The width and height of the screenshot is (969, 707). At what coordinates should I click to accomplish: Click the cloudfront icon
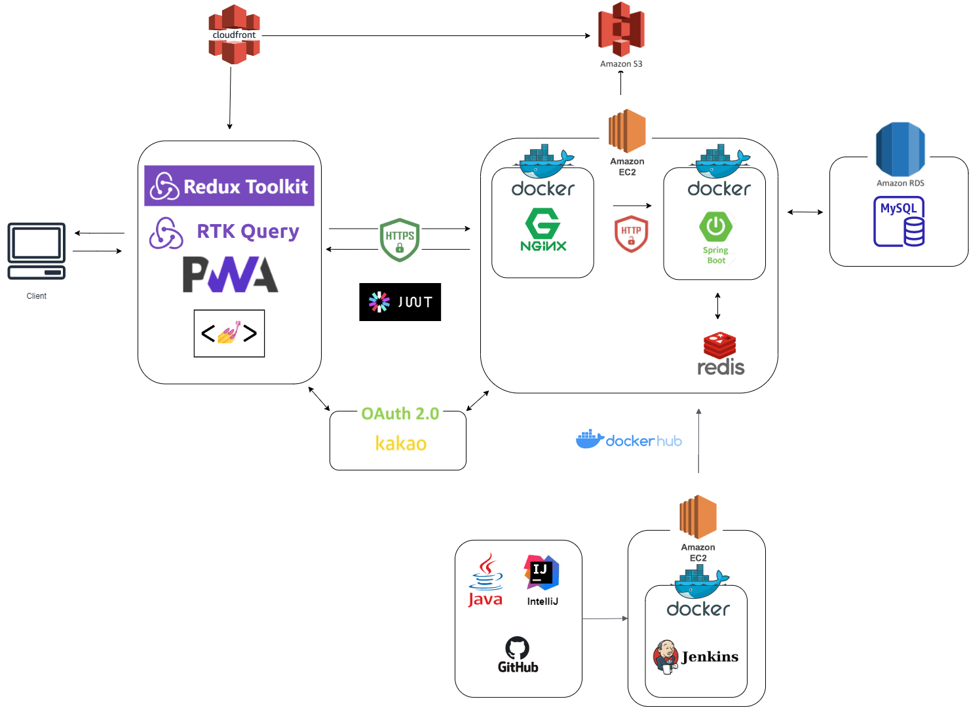click(x=234, y=34)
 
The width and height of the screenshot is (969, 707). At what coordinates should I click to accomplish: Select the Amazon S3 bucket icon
click(x=621, y=29)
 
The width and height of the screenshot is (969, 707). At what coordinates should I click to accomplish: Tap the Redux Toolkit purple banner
click(x=229, y=186)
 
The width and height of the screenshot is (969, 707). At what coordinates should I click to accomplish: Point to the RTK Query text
click(x=248, y=231)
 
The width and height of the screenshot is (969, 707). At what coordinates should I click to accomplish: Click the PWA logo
click(x=230, y=275)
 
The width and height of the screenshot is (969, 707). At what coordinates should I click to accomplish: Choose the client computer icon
click(x=37, y=251)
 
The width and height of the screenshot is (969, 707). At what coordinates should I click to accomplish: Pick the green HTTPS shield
click(x=400, y=240)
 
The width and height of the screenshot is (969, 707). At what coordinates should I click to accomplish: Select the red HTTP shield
click(x=631, y=234)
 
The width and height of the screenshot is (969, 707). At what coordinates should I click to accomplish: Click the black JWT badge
click(x=400, y=302)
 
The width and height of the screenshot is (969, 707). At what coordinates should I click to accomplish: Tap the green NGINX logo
click(x=543, y=229)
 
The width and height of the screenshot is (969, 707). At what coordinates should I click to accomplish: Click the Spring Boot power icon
click(x=715, y=227)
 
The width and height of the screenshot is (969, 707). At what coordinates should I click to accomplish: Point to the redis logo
click(x=720, y=354)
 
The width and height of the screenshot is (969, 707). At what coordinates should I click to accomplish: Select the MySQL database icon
click(x=899, y=222)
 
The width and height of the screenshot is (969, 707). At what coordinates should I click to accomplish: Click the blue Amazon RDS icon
click(x=900, y=149)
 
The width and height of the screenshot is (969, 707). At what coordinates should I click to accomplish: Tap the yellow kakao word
click(x=400, y=444)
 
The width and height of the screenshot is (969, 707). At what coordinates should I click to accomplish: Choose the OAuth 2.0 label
click(x=400, y=414)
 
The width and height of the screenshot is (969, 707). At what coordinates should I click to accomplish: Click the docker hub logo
click(x=628, y=440)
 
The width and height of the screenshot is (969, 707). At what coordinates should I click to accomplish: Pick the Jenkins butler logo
click(x=666, y=656)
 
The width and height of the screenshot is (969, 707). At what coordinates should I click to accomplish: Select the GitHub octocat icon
click(x=518, y=649)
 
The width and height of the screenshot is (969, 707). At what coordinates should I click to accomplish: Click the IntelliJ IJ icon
click(x=541, y=572)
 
